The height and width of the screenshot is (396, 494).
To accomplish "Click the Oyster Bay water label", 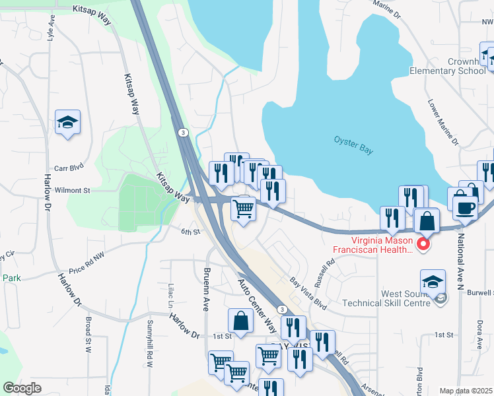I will tap(353, 145).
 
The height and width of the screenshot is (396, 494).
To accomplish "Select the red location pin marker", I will tap(423, 246).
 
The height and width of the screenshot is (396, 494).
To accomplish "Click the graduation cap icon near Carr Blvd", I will tap(67, 123).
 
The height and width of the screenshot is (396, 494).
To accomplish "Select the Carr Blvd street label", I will tap(70, 168).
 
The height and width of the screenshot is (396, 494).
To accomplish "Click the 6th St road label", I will tap(190, 231).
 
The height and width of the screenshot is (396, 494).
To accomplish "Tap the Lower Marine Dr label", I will tap(442, 123).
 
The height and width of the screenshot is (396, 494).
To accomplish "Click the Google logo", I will tap(22, 388).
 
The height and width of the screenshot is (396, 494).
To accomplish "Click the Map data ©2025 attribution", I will tap(466, 391).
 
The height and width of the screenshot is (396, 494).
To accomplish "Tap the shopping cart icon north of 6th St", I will tap(244, 209).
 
